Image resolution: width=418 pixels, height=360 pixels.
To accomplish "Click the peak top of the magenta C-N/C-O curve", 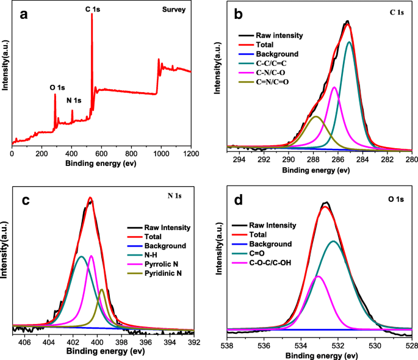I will pos(334,87).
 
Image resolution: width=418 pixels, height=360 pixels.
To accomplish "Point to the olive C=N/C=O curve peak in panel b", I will pos(315,117).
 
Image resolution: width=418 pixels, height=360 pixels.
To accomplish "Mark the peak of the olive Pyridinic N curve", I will pos(101,289).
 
